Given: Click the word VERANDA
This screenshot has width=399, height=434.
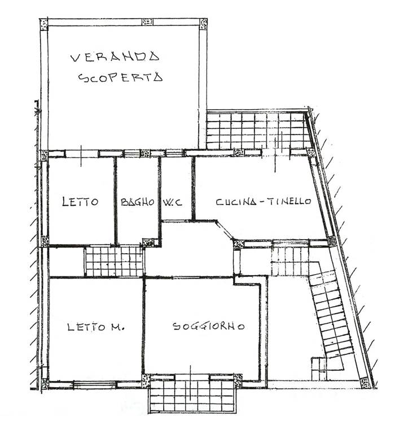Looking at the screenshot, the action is click(115, 57).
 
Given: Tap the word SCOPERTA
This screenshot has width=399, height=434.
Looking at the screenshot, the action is click(120, 77).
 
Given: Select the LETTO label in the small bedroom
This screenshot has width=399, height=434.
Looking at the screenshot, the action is click(80, 201).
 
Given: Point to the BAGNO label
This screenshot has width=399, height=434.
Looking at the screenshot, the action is click(138, 202).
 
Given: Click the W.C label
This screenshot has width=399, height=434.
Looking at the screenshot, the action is click(173, 202).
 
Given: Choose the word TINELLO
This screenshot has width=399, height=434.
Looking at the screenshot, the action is click(289, 201).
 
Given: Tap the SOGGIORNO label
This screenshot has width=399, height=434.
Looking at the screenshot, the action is click(208, 326).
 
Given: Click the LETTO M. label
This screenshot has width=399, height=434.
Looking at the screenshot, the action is click(95, 327).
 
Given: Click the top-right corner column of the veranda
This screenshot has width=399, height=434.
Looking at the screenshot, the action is click(203, 24).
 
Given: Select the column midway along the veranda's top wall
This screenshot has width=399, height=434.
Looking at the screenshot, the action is click(147, 22).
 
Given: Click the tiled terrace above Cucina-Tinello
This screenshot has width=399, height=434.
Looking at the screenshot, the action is click(257, 129).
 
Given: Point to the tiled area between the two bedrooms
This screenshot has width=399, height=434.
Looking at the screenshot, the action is click(115, 261).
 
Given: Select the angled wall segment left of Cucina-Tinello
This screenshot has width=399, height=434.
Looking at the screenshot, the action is click(224, 229).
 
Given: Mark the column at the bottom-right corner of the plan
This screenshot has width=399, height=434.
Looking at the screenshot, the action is click(365, 383).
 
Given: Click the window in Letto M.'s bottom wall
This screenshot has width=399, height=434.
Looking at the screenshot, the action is click(95, 384).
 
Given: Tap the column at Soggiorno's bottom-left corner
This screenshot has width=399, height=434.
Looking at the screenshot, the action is click(146, 381).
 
